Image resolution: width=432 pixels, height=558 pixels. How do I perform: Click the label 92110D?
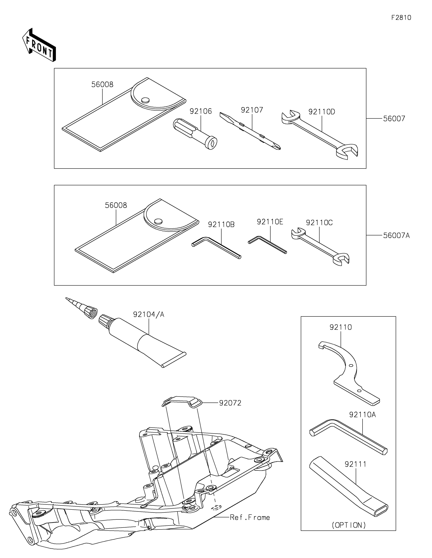pos(322,112)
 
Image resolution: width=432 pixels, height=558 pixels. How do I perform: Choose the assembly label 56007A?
pos(396,235)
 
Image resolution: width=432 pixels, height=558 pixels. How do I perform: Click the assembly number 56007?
pos(394,119)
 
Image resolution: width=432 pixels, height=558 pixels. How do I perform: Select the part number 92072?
pos(230,403)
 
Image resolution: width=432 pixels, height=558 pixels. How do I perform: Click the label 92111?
pos(355,464)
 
